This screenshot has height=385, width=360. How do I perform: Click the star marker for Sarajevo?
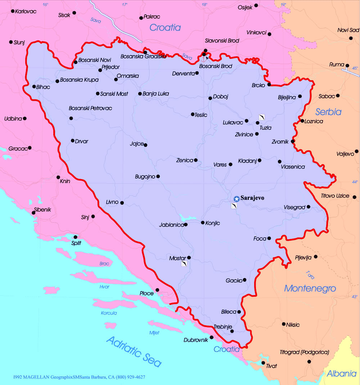(x=237, y=199)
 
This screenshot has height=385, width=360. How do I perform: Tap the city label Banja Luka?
(x=156, y=94)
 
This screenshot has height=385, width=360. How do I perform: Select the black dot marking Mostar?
(x=189, y=258)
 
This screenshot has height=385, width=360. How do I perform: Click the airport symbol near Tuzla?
(x=262, y=117)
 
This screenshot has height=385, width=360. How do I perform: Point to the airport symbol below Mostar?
(x=184, y=264)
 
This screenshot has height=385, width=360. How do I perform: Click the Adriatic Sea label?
(x=134, y=351)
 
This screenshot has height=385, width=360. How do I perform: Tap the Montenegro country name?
(x=310, y=288)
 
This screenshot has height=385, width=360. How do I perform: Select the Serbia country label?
(x=328, y=112)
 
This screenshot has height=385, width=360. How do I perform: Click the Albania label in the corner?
(x=342, y=374)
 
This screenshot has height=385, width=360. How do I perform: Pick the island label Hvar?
(x=104, y=287)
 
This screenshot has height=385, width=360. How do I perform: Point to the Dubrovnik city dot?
(x=212, y=338)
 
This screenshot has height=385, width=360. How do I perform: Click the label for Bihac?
(x=43, y=87)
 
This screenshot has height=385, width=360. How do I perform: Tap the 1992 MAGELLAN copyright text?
(x=79, y=377)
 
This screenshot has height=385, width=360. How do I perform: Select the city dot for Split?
(x=75, y=237)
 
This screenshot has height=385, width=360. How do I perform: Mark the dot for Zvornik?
(x=293, y=141)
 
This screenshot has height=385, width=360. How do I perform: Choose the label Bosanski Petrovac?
(x=90, y=108)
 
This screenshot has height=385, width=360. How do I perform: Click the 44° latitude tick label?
(x=355, y=182)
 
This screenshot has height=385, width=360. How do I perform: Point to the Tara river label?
(x=310, y=275)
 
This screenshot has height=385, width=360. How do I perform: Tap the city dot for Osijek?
(x=256, y=5)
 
